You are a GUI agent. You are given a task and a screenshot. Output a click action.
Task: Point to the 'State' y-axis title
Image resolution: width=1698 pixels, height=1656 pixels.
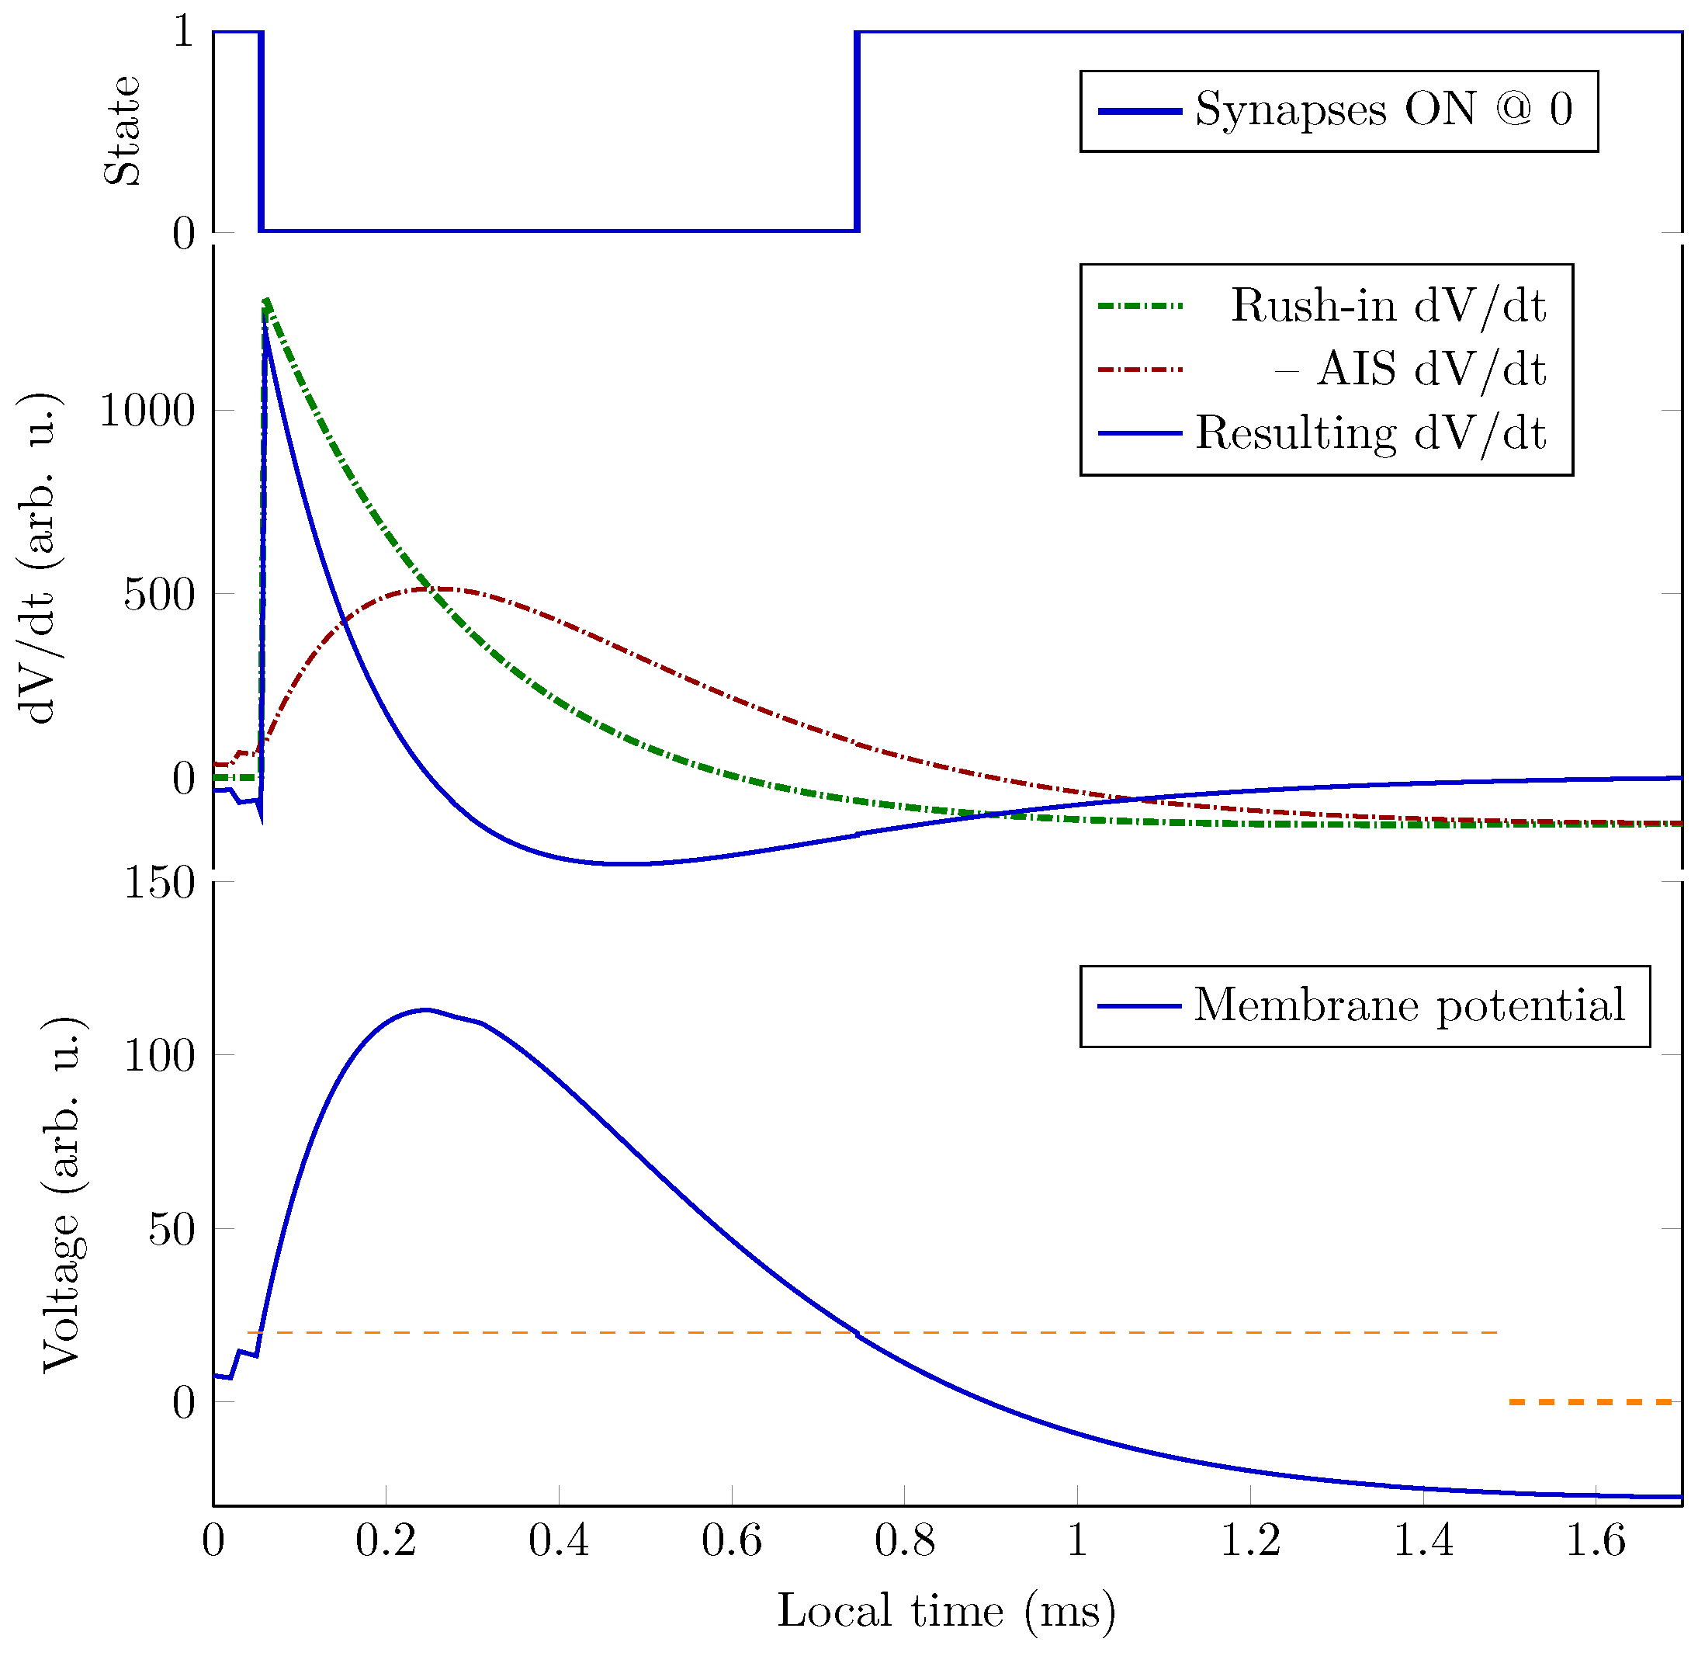[x=122, y=130]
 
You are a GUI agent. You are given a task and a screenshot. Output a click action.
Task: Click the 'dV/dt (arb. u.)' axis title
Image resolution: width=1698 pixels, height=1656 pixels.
[x=39, y=557]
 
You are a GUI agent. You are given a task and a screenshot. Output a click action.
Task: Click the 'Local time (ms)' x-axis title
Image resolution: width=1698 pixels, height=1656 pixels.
[x=945, y=1610]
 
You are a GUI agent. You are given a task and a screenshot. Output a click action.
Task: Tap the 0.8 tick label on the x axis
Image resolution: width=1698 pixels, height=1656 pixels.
[x=904, y=1540]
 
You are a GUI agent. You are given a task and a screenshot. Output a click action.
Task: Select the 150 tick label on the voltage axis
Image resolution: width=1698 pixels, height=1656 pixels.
[x=159, y=883]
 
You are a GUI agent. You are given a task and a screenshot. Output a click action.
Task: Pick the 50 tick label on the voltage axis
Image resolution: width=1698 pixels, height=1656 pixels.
[x=172, y=1229]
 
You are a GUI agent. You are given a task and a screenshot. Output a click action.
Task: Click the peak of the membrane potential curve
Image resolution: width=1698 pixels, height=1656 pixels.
[x=425, y=1010]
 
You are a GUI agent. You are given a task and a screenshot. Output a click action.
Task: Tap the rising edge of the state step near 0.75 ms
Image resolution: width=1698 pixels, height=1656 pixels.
[x=858, y=130]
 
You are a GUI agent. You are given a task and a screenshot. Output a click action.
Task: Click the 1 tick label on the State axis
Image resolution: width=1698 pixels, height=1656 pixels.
[x=183, y=33]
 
